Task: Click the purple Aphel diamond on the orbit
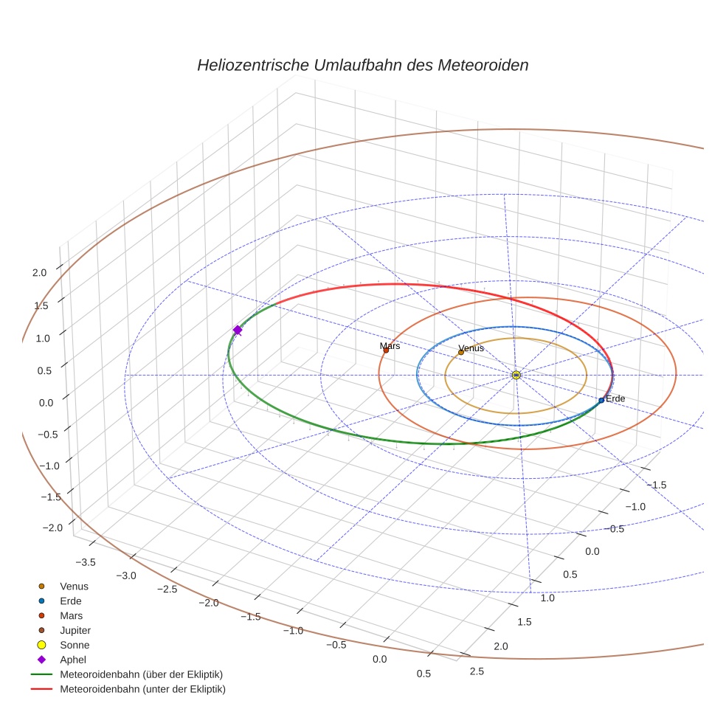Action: point(238,330)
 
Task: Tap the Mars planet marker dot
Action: point(386,350)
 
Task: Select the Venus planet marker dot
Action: point(461,352)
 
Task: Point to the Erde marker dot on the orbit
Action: point(601,400)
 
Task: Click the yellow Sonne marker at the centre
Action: point(516,375)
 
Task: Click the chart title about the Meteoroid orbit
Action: point(362,65)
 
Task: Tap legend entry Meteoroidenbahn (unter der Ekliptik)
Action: point(142,689)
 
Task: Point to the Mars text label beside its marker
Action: point(390,345)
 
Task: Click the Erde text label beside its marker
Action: point(615,398)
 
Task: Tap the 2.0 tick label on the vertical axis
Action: point(39,272)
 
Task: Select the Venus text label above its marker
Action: point(471,348)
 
